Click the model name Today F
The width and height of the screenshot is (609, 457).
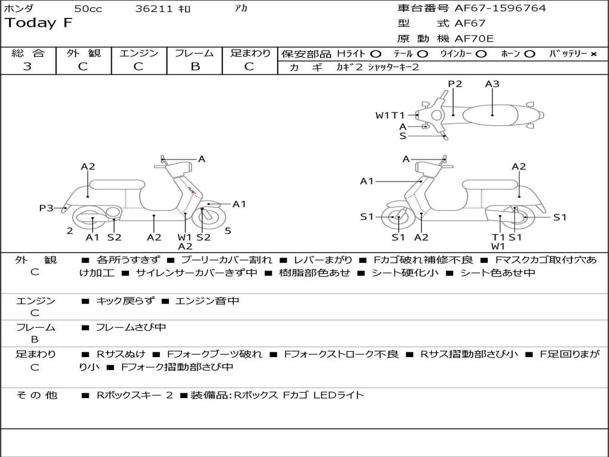pos(39,23)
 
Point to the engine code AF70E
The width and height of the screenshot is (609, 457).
pos(474,39)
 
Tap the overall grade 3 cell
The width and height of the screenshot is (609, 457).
pos(27,67)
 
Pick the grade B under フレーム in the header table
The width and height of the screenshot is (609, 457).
pos(194,67)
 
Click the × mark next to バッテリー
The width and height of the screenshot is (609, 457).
pos(593,54)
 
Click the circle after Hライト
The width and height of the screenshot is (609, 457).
pos(376,54)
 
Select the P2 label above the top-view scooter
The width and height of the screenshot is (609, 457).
pos(455,84)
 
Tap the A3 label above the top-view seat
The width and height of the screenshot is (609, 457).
pos(492,84)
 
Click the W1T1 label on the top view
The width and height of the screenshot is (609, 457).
pos(390,115)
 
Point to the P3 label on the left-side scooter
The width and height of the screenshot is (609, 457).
pos(46,208)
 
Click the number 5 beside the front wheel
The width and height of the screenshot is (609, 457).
pos(228,231)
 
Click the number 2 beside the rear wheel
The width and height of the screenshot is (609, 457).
pos(70,231)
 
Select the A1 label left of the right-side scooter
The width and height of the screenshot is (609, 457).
pos(367,181)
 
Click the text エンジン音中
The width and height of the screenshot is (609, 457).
pos(207,301)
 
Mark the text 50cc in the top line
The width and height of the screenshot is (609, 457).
pos(88,8)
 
